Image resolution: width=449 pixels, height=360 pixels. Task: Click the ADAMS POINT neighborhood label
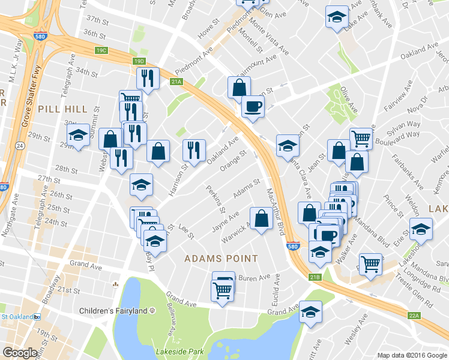[221, 259]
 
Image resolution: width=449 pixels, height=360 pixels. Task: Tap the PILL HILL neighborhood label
[62, 109]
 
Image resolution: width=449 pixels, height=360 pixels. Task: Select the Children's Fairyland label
[114, 311]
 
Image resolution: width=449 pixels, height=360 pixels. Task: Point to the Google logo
[20, 353]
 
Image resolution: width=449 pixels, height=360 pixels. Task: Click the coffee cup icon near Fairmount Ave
[252, 106]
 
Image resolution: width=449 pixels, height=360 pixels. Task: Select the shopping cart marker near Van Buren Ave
[222, 291]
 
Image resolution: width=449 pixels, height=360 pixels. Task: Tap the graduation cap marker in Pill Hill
[78, 135]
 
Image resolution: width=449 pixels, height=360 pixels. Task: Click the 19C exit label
[100, 50]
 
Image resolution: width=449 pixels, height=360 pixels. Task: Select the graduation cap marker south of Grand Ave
[311, 312]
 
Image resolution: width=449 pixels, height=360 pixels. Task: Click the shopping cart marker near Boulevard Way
[361, 139]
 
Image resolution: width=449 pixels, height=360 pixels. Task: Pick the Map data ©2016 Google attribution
[412, 355]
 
